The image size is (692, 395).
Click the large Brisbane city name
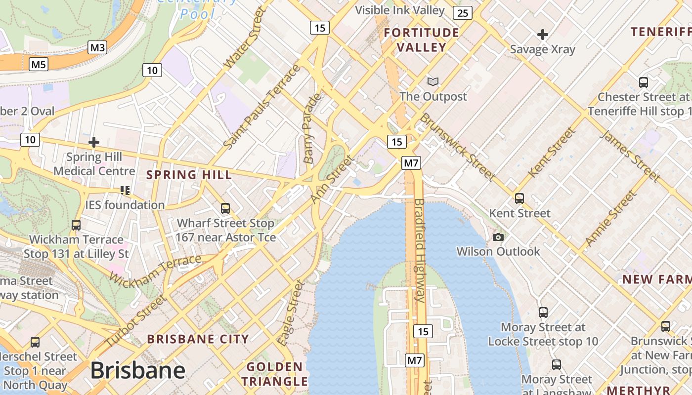tap(138, 370)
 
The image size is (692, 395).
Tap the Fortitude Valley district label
tap(422, 40)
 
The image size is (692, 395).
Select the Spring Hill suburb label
tap(189, 175)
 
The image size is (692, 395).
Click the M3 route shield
tap(97, 47)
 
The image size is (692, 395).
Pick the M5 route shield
tap(39, 64)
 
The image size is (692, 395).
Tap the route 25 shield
tap(462, 13)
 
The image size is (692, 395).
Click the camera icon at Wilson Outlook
tap(498, 237)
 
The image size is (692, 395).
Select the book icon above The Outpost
tap(433, 81)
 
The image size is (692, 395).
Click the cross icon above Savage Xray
tap(543, 35)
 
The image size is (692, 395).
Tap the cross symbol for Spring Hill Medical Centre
tap(94, 143)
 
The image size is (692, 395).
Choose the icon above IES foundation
tap(125, 190)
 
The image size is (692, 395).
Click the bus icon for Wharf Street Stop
tap(225, 208)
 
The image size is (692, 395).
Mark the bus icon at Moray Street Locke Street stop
tap(543, 313)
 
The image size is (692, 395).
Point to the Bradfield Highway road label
tap(420, 250)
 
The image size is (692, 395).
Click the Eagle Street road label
tap(290, 313)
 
